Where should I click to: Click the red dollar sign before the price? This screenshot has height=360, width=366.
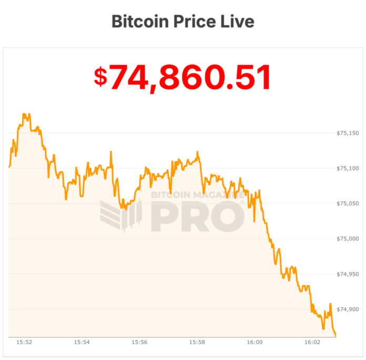(100, 77)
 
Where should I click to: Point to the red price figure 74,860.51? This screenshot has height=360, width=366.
(190, 77)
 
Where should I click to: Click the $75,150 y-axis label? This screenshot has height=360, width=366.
(348, 133)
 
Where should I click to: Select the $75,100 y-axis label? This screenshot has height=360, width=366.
(348, 168)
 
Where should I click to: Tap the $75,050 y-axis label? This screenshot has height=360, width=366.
(348, 203)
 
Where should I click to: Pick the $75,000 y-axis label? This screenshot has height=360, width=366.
(348, 239)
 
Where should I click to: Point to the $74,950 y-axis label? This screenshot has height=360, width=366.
(348, 274)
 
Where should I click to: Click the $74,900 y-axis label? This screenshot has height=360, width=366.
(348, 309)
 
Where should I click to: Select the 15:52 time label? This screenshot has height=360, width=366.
(24, 342)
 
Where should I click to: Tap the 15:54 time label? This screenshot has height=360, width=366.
(82, 342)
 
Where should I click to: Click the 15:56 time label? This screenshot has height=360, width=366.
(139, 342)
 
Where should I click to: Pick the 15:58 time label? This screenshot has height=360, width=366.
(197, 342)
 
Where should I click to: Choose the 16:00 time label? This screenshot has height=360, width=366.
(255, 342)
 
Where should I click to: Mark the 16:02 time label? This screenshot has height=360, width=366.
(312, 342)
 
